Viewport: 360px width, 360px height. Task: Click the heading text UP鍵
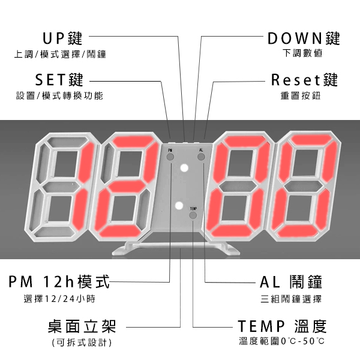(x=62, y=38)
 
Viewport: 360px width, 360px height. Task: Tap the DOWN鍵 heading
(x=304, y=38)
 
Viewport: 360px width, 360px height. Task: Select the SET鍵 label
(x=59, y=80)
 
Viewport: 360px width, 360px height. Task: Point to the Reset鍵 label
(x=305, y=80)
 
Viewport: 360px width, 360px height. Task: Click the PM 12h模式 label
(x=59, y=281)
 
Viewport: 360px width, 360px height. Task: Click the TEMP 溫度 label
(x=282, y=327)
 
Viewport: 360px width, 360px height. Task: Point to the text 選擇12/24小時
(x=59, y=299)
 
